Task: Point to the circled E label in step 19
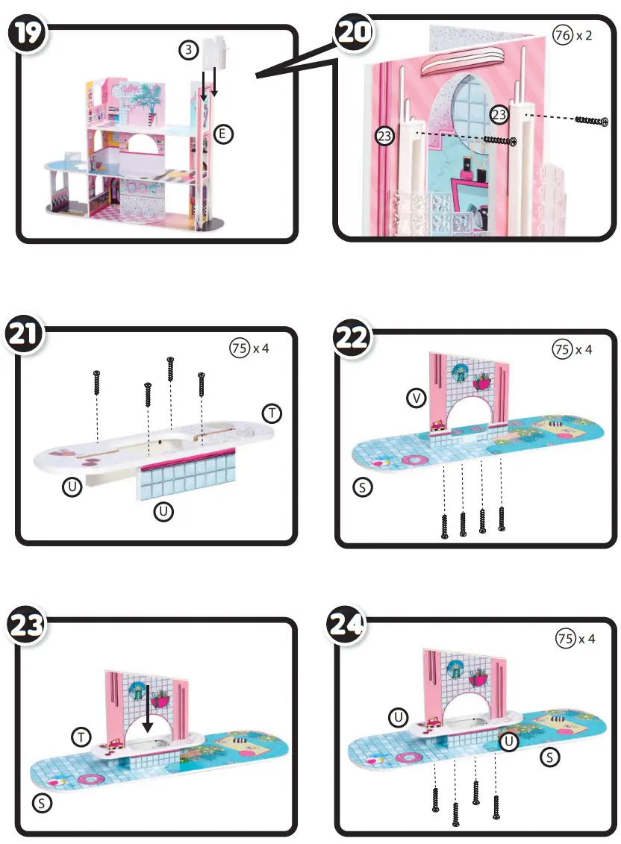222,134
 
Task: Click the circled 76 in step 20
562,34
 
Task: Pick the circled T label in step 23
82,737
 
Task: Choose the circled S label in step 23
43,803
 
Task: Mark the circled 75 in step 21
239,348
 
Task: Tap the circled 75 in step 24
567,638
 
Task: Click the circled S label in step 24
550,757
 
